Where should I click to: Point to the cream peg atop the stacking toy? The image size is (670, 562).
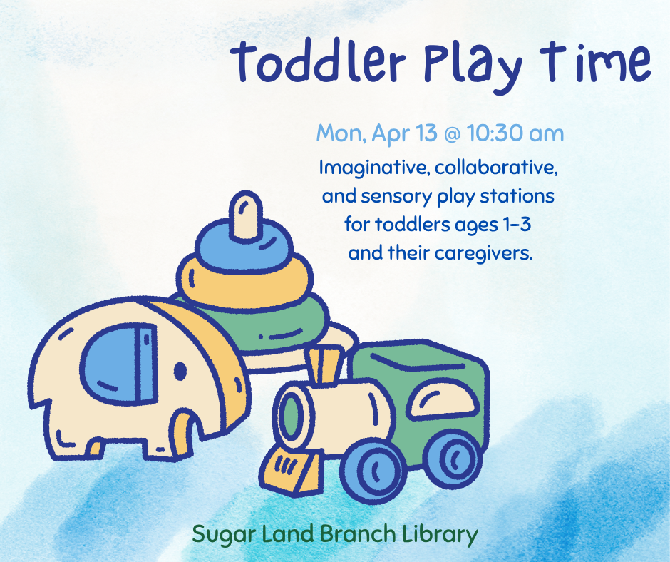point(245,213)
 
